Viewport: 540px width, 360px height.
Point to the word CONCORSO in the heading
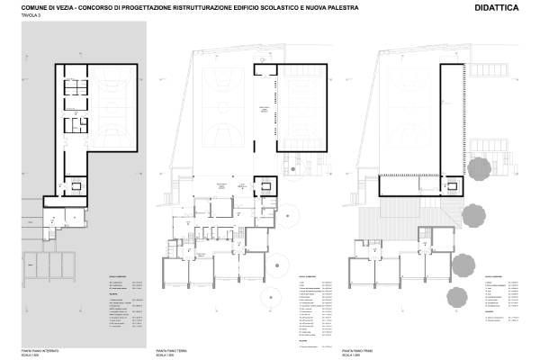101,8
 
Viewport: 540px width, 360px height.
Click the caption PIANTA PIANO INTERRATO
40,347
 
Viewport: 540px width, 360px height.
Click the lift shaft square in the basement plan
76,186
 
